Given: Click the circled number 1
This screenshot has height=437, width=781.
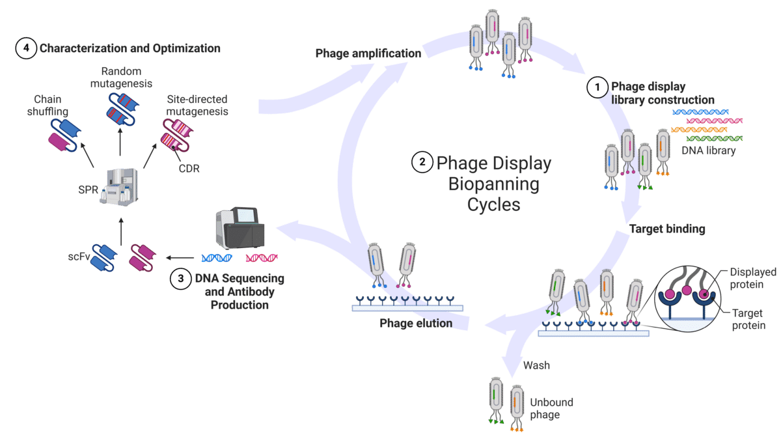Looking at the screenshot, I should (596, 87).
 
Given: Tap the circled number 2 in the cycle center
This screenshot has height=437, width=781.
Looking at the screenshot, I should (422, 163).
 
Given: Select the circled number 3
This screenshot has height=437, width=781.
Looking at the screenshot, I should (180, 279).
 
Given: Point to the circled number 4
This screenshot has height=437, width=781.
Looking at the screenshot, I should (25, 49).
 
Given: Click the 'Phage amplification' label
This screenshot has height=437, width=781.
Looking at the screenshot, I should (368, 54).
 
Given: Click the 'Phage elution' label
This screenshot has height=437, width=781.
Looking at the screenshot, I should (417, 323).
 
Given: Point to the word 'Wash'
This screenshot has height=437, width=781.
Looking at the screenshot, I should (537, 365).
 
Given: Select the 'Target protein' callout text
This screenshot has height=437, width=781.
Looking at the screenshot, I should (748, 319).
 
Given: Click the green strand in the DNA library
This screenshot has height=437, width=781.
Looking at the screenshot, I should (715, 139).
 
